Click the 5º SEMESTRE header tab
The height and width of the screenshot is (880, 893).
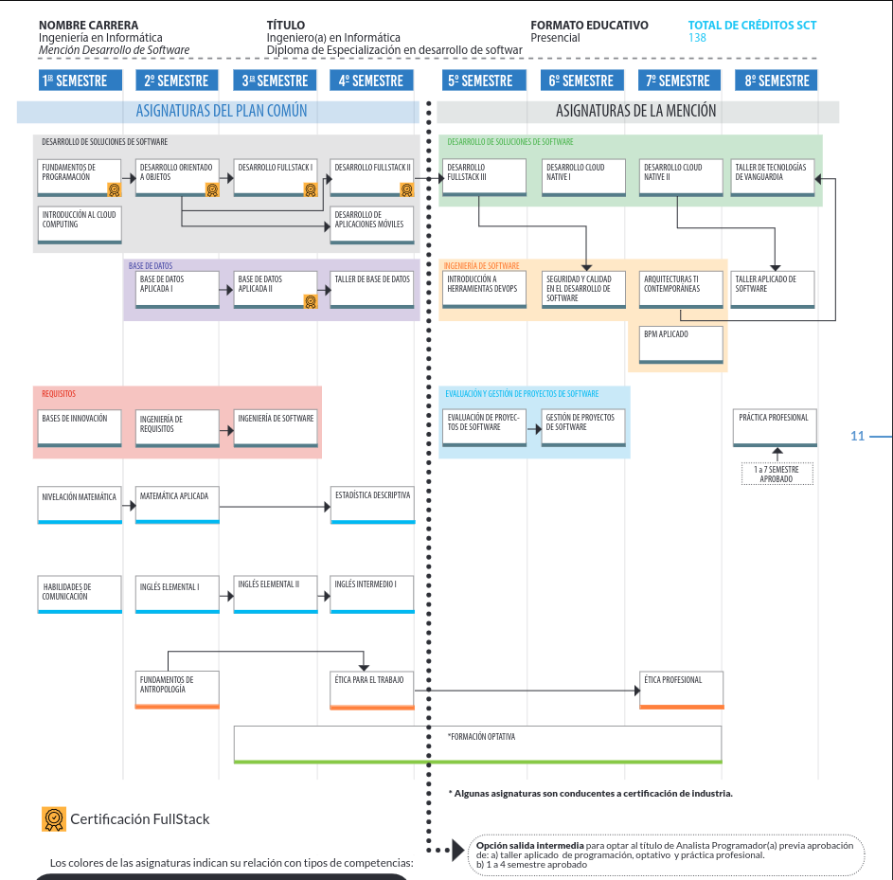coord(481,81)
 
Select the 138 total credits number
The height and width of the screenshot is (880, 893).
coord(698,38)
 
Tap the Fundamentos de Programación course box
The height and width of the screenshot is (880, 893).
coord(80,177)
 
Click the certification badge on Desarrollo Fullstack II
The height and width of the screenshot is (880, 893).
coord(407,189)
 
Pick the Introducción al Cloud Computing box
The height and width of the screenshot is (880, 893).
coord(80,225)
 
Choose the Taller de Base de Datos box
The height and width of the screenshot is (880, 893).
coord(372,289)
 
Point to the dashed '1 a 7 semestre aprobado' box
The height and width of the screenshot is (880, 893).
coord(777,474)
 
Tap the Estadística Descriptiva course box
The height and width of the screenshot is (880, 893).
coord(372,505)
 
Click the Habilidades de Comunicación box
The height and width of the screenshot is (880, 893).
coord(80,595)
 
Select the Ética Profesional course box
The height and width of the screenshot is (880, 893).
coord(681,690)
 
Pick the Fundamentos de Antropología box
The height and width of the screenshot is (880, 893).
coord(178,690)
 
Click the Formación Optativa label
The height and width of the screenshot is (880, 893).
coord(482,736)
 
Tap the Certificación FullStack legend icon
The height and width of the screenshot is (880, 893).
coord(54,818)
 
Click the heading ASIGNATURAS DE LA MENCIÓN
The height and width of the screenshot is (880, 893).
coord(636,112)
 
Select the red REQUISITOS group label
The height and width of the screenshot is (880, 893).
coord(59,393)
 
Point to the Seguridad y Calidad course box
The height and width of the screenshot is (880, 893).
coord(583,289)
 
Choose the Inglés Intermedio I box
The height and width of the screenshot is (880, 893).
coord(372,595)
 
